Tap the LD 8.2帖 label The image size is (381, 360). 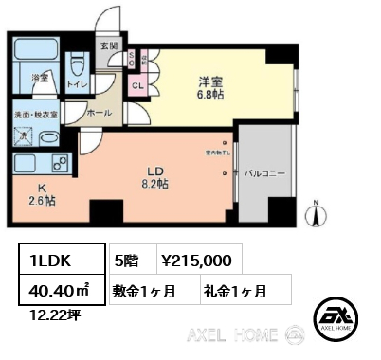pyautogui.click(x=155, y=176)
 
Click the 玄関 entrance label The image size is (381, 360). pyautogui.click(x=108, y=45)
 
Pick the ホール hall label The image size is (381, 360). pyautogui.click(x=100, y=112)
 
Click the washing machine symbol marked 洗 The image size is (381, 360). pyautogui.click(x=26, y=135)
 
